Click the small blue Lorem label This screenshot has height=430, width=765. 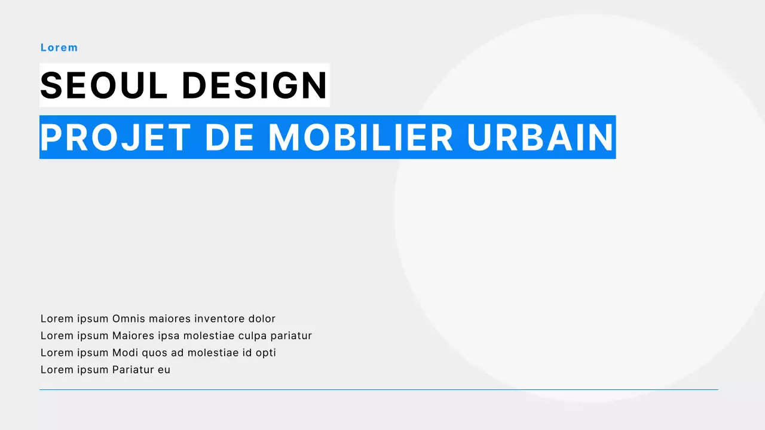pos(59,48)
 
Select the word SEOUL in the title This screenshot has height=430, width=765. pos(104,85)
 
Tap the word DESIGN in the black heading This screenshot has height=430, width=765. pos(255,85)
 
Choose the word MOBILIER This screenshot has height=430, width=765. pos(361,137)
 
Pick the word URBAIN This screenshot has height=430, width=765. pos(540,137)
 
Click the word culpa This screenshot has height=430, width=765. pos(253,336)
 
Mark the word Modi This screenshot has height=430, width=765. pos(124,353)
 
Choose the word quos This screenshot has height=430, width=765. pos(154,353)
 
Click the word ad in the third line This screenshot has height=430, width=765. pos(178,353)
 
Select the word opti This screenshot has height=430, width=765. pos(266,353)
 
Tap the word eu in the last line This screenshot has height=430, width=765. pos(164,370)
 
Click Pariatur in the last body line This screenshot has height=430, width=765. pos(133,370)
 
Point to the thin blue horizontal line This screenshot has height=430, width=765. pos(378,390)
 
